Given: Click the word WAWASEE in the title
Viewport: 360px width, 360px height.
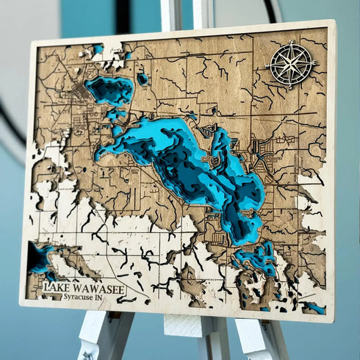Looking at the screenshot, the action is click(x=97, y=287).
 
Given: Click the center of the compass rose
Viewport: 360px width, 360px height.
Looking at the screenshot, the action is click(x=290, y=65).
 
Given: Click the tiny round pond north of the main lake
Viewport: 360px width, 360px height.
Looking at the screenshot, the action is click(x=143, y=78).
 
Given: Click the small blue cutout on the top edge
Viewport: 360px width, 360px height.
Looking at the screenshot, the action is click(x=98, y=49).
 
